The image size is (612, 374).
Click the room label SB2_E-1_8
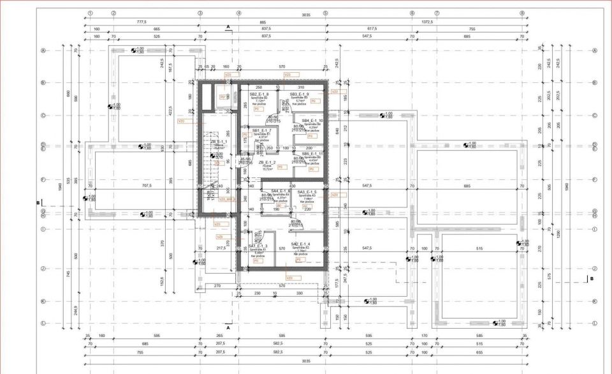click(259, 94)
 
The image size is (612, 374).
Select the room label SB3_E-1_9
click(299, 94)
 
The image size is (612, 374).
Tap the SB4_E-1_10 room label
click(312, 120)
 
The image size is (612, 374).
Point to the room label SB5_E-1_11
click(312, 154)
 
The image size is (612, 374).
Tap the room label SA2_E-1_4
click(300, 244)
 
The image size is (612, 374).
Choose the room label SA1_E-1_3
click(258, 246)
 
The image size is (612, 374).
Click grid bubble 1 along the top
click(91, 13)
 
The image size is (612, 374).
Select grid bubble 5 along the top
click(325, 13)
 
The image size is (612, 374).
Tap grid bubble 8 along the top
click(521, 13)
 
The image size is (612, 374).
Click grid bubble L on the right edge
click(595, 324)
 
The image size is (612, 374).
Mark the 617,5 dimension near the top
click(372, 29)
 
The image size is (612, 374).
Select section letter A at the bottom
click(228, 327)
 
